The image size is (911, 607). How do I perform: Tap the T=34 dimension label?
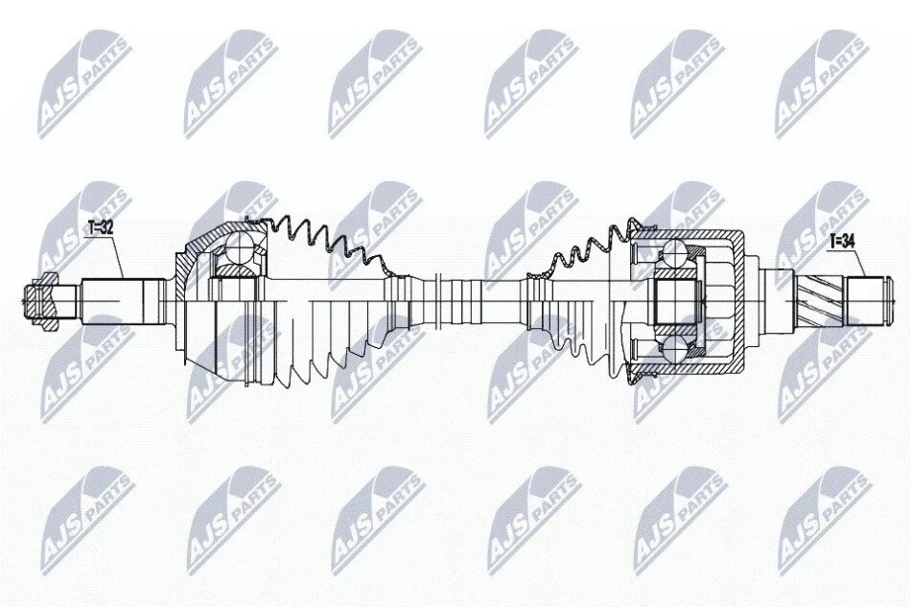[x=841, y=240]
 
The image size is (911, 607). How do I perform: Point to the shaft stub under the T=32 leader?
[x=122, y=301]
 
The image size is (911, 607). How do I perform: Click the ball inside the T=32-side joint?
[x=239, y=246]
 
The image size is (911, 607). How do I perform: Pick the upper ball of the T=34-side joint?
[x=674, y=252]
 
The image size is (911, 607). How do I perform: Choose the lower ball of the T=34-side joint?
[x=674, y=348]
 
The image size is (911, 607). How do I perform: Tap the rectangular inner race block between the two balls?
[x=676, y=300]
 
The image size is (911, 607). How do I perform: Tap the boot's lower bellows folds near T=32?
[x=325, y=355]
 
